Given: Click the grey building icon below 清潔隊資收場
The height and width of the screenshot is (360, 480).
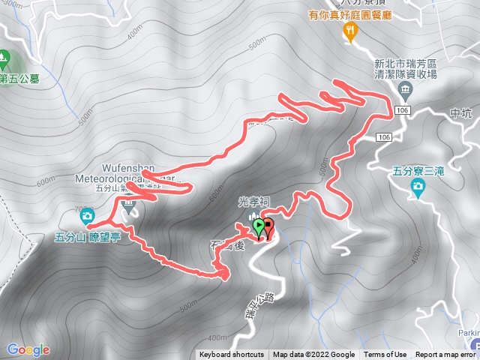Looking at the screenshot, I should tap(405, 92).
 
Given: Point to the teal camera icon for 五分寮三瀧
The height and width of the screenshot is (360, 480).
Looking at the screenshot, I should tap(418, 193).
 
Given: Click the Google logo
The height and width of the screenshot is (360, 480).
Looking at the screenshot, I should tap(28, 349).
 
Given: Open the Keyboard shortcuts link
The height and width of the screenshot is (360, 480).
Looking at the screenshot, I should tap(231, 355).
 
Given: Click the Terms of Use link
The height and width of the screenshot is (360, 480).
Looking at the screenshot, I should tap(385, 355).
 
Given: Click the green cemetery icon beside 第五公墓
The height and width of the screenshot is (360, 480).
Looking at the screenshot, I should tap(4, 57).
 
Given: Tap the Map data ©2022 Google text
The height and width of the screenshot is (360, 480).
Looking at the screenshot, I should tap(313, 355).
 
